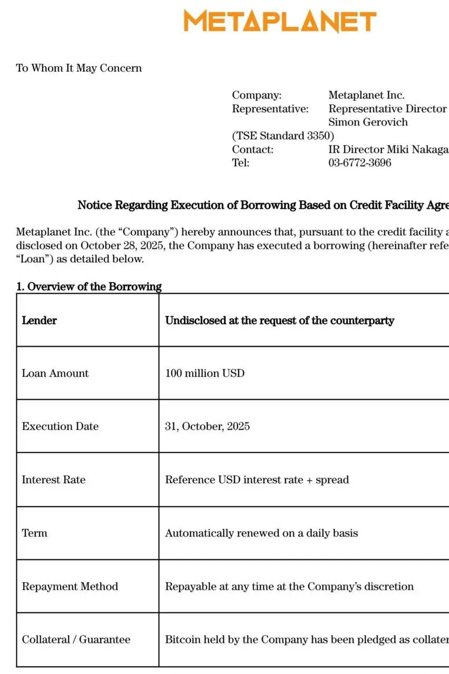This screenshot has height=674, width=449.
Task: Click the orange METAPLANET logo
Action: [x=280, y=22]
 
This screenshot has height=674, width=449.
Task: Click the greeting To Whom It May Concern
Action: [x=79, y=68]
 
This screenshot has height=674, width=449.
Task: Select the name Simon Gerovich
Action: [x=368, y=122]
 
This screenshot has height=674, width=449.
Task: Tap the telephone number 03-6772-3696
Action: [x=359, y=163]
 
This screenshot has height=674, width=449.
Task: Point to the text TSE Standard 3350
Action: [x=283, y=136]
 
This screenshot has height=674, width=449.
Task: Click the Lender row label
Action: [x=40, y=320]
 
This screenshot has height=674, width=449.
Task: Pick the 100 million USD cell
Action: [x=205, y=373]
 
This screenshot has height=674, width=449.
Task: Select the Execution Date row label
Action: [x=60, y=427]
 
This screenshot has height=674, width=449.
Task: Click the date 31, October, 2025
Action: [x=207, y=427]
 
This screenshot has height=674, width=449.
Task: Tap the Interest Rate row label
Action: [x=53, y=480]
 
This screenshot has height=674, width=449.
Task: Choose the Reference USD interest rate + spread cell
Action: [x=257, y=480]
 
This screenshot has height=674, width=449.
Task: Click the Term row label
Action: [x=34, y=533]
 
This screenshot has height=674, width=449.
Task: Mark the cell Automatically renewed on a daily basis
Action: [x=261, y=533]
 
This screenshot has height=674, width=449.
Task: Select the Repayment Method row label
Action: [x=70, y=587]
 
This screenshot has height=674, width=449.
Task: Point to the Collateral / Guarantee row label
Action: [x=76, y=640]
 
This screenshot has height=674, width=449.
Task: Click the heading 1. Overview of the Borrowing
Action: [x=89, y=286]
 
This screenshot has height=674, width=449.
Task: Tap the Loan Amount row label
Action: [x=55, y=373]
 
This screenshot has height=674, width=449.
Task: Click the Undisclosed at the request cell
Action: [x=279, y=320]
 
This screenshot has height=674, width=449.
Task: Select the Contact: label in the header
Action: [x=253, y=150]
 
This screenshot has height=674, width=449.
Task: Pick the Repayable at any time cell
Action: [x=289, y=587]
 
